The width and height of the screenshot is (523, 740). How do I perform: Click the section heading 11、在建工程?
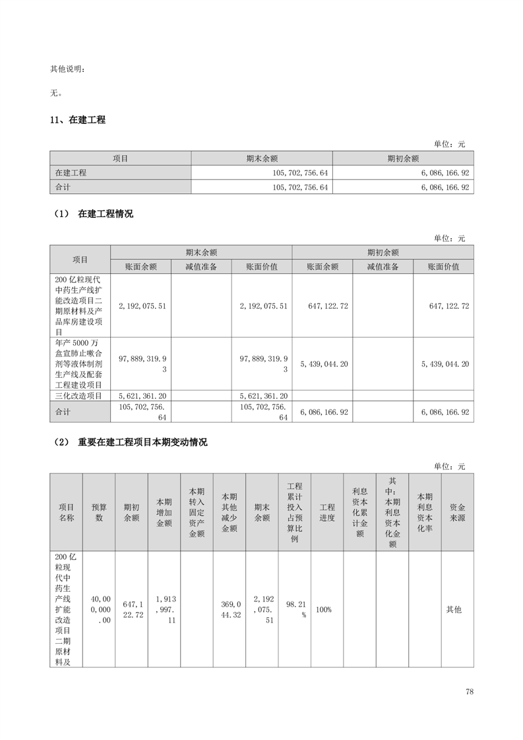78,120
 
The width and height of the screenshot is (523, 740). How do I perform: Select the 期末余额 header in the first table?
262,158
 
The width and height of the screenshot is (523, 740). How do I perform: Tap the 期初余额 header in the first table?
403,158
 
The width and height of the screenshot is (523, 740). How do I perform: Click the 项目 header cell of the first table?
120,158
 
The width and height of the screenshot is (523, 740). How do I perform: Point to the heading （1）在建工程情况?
92,214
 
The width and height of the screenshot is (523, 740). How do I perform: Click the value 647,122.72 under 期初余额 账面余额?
323,306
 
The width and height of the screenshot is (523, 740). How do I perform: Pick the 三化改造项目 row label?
79,396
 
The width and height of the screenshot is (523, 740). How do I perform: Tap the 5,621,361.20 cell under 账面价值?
262,396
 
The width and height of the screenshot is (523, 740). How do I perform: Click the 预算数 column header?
99,512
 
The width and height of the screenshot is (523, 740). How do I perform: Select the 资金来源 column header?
457,512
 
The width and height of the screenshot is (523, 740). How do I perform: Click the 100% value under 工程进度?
324,609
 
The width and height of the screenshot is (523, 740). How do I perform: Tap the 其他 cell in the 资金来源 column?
454,609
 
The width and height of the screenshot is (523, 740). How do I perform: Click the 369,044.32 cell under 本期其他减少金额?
230,609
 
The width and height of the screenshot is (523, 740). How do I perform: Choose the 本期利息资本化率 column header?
425,512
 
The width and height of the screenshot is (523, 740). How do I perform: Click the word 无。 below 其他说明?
57,93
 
